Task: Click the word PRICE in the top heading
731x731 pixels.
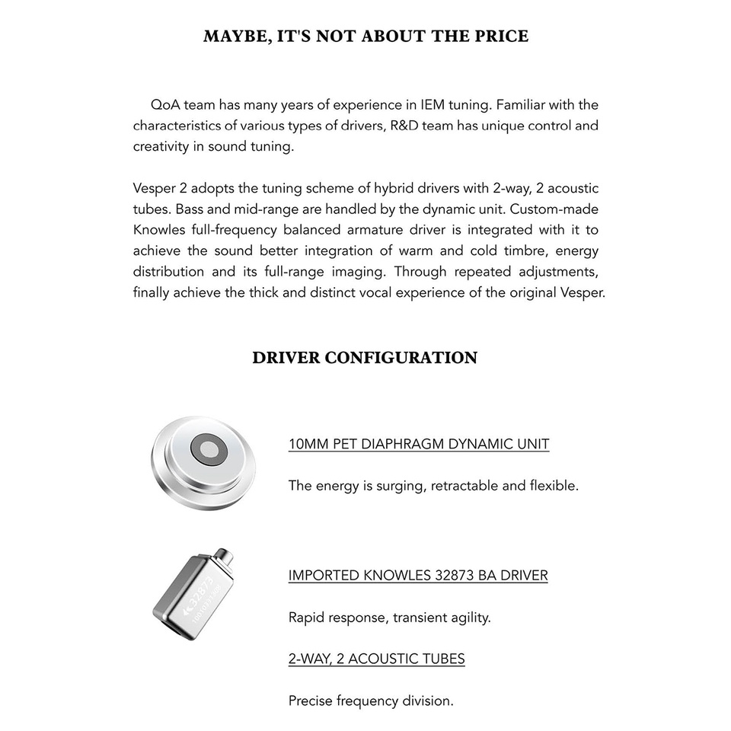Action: (500, 36)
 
